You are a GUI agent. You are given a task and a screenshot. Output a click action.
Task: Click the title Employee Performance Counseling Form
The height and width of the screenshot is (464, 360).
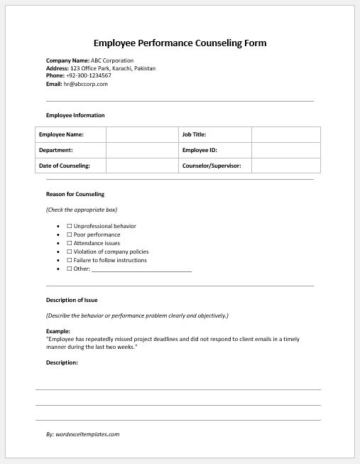pos(180,43)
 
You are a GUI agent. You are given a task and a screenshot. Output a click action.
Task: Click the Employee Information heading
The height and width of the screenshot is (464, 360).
pos(75,115)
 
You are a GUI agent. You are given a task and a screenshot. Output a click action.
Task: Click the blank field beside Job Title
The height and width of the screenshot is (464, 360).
pos(285,134)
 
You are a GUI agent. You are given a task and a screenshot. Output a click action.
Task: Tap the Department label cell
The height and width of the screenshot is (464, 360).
pos(70,150)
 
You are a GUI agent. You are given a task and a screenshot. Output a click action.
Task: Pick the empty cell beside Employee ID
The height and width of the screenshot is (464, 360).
pos(285,150)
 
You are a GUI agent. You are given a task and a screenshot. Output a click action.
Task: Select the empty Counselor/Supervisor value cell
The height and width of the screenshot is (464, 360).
pos(285,166)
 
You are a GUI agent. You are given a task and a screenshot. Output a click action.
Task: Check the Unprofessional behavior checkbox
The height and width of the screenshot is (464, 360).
pos(70,226)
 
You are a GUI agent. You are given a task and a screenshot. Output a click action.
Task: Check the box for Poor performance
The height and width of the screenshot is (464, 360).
pos(70,234)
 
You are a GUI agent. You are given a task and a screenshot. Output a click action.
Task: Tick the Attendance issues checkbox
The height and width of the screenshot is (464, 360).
pos(70,243)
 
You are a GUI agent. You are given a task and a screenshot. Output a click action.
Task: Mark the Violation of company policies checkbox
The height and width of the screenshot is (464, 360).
pos(70,252)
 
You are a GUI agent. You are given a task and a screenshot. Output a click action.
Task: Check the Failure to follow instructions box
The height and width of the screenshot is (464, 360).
pos(70,260)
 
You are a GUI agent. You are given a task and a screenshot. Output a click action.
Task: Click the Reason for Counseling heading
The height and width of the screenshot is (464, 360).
pos(75,194)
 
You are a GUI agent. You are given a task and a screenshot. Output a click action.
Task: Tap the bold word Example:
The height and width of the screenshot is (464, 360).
pos(58,331)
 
